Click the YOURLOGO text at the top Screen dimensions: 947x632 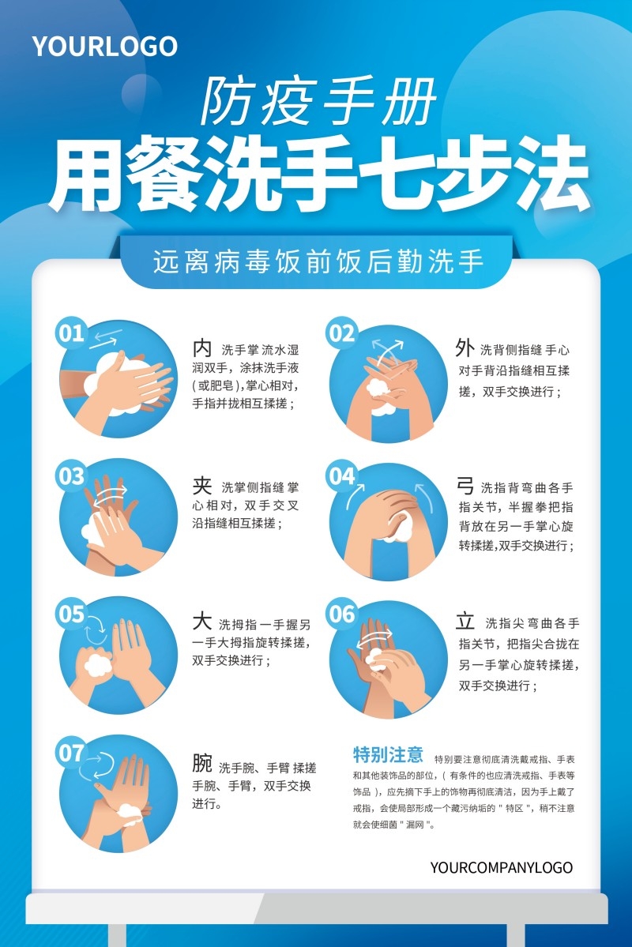[x=104, y=47]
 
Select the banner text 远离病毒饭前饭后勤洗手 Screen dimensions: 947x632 [x=318, y=261]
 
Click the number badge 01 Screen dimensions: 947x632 [x=70, y=333]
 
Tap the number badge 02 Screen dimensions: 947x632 [x=342, y=333]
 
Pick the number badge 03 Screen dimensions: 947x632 [x=70, y=476]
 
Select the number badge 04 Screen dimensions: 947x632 [x=342, y=476]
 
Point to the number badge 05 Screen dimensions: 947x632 [x=71, y=614]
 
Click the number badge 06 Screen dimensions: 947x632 [x=342, y=614]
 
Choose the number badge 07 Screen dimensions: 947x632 [x=71, y=753]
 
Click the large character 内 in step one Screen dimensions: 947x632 [x=202, y=348]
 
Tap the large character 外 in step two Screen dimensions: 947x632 [x=465, y=347]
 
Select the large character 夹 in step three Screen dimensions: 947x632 [x=202, y=485]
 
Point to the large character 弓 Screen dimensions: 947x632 [x=465, y=485]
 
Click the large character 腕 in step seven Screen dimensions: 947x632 [x=202, y=763]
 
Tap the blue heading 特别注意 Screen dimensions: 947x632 [x=388, y=753]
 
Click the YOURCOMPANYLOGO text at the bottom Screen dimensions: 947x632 [x=501, y=867]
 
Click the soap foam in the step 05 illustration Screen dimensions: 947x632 [x=97, y=663]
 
